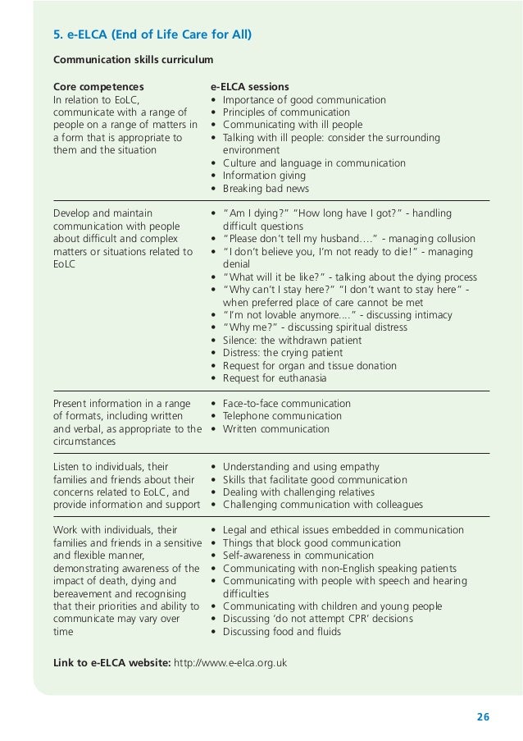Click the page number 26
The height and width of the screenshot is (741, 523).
coord(482,717)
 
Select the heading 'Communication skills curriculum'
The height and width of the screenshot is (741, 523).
coord(133,60)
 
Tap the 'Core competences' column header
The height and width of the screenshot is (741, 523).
coord(98,87)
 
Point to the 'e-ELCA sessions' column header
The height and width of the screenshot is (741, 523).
coord(250,87)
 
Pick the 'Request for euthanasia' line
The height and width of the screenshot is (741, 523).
coord(274,378)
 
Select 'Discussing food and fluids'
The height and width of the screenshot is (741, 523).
coord(281,632)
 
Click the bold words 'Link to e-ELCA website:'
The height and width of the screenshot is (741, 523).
coord(111,663)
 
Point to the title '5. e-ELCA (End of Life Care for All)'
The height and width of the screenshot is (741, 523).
coord(152,34)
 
